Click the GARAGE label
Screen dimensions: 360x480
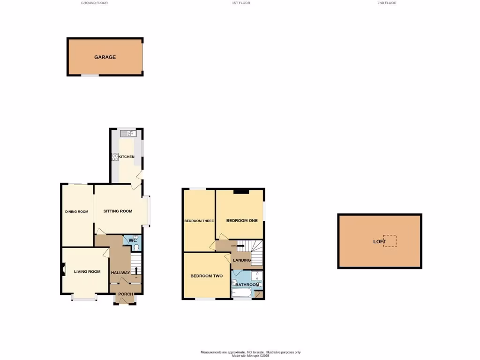(x=105, y=57)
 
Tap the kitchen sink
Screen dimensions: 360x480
(x=127, y=134)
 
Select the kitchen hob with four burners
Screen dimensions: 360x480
(x=115, y=157)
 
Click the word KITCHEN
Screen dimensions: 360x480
(x=127, y=157)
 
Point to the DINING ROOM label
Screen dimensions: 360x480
(x=76, y=211)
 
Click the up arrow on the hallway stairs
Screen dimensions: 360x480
(x=136, y=270)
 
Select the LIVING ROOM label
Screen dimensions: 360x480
(x=87, y=271)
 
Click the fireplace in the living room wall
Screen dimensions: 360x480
(x=63, y=269)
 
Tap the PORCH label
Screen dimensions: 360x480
(x=125, y=294)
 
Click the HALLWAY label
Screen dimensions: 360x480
(x=120, y=273)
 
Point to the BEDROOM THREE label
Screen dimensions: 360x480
(x=199, y=221)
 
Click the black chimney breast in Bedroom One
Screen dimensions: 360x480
(x=241, y=190)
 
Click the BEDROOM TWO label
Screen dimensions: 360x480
(x=206, y=276)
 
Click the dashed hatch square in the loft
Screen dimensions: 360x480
(x=390, y=241)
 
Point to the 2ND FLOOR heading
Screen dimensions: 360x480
(x=387, y=3)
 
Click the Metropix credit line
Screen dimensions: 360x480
(x=251, y=356)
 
